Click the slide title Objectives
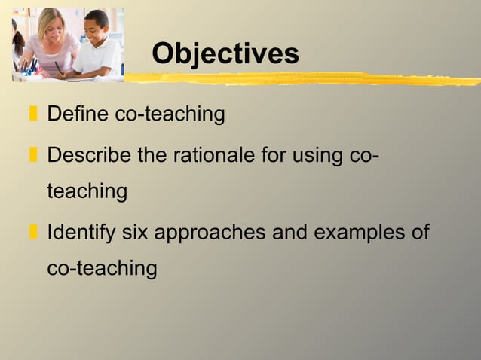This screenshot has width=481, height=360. click(x=225, y=53)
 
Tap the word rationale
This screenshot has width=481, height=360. click(x=203, y=157)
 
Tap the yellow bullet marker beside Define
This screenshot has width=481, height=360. click(x=32, y=115)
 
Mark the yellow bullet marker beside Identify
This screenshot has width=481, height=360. click(x=32, y=232)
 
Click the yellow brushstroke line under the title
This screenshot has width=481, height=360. click(x=302, y=78)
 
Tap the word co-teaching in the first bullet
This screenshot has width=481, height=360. click(x=170, y=114)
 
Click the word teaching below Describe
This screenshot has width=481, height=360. click(x=87, y=191)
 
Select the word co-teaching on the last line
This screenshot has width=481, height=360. click(x=102, y=267)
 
